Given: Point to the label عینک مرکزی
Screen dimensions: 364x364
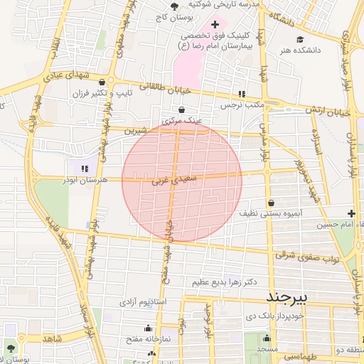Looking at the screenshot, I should [182, 121].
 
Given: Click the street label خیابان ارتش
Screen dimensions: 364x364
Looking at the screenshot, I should [328, 112].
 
